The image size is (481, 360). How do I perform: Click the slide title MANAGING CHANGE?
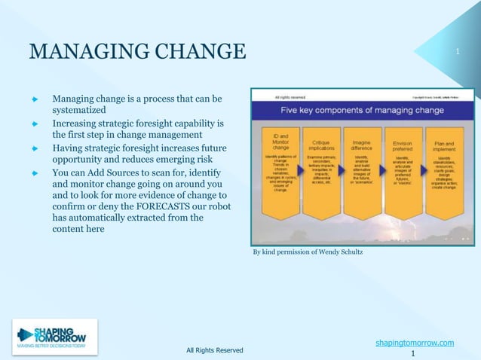point(137,52)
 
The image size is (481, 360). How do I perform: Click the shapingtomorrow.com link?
point(415,343)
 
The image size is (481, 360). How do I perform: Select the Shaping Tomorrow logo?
point(54,337)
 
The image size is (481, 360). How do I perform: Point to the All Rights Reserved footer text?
point(215,350)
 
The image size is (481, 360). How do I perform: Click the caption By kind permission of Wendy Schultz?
point(308,252)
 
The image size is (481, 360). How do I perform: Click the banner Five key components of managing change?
point(362,110)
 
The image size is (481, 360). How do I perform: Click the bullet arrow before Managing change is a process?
point(34,99)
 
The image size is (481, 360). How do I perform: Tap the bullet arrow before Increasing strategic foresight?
point(34,123)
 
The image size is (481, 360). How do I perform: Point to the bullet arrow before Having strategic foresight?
point(34,148)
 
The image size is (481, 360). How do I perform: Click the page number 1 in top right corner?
point(458,51)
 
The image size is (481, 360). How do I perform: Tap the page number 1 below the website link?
point(413,353)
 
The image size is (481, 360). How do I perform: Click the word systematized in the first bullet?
point(84,109)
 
